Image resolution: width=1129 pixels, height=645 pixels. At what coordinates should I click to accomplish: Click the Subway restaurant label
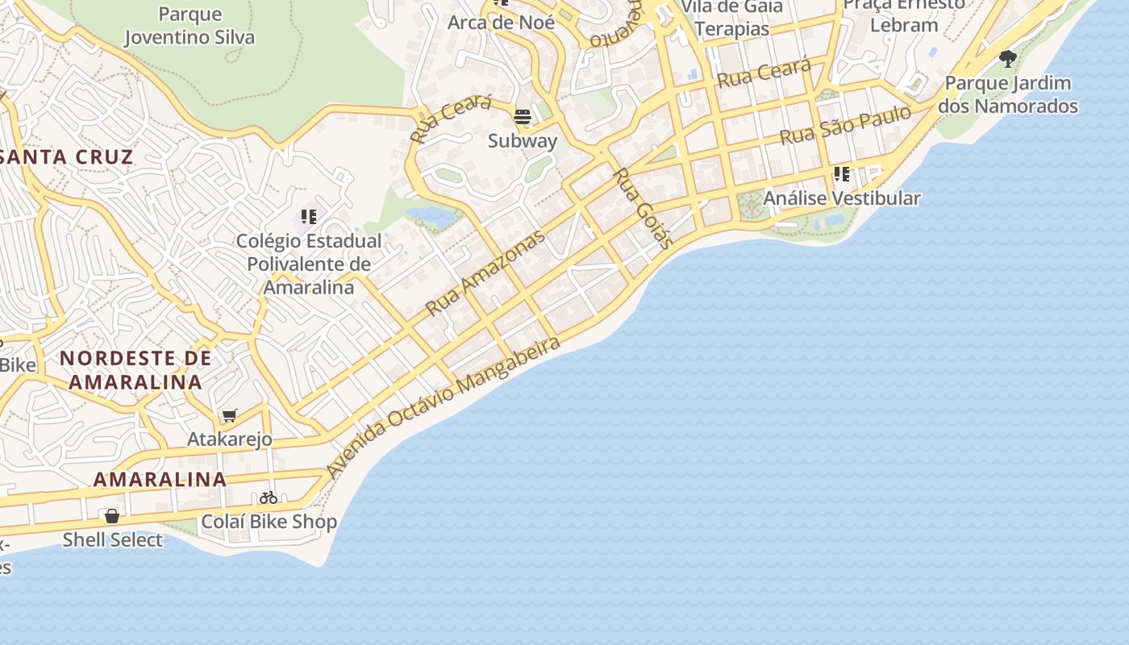point(523,141)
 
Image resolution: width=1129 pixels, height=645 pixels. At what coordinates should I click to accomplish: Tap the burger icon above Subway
point(523,118)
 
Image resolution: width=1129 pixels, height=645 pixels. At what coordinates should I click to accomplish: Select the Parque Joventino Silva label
point(190,26)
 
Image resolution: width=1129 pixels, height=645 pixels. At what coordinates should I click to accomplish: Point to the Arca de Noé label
point(501,23)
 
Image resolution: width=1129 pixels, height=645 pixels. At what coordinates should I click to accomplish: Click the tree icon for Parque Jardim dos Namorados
point(1007,58)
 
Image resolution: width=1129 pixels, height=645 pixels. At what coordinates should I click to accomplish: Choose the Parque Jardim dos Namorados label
point(1007,94)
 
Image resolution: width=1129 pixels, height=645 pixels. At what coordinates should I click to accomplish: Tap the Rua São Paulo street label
point(844,125)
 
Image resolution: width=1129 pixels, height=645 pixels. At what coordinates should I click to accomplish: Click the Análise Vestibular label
point(841,198)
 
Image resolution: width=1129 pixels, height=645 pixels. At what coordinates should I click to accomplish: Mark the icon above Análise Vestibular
point(841,173)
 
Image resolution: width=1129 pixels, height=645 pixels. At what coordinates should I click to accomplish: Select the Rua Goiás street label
point(642,208)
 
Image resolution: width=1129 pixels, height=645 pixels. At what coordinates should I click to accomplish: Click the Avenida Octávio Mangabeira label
point(444,407)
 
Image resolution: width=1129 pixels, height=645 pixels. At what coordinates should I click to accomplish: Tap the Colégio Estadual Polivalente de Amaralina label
point(309,264)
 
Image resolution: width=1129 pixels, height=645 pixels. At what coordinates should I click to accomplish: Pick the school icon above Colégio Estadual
point(308,216)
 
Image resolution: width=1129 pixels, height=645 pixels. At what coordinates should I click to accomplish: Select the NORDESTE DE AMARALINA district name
point(135,370)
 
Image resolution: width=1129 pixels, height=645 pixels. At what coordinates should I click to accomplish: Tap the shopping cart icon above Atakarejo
point(230,416)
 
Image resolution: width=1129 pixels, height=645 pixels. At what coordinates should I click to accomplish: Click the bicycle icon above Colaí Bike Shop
point(269,497)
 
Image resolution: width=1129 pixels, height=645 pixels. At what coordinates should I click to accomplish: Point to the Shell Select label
point(113,540)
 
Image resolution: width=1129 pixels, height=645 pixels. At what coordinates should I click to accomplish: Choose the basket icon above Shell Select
point(112,516)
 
